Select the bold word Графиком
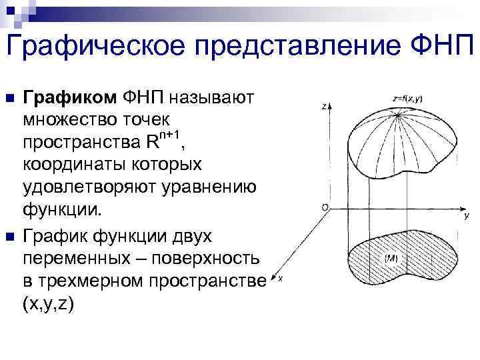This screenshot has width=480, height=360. pyautogui.click(x=70, y=98)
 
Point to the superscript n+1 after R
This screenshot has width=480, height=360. pyautogui.click(x=169, y=136)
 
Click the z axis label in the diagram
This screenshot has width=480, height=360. pyautogui.click(x=322, y=105)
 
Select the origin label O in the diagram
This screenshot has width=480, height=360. pyautogui.click(x=324, y=208)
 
